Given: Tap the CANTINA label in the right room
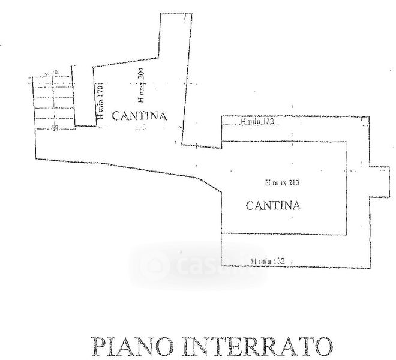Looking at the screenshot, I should pos(273,206).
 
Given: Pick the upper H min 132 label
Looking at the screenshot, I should pos(257,122).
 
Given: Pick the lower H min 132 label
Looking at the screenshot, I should pos(268,261).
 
